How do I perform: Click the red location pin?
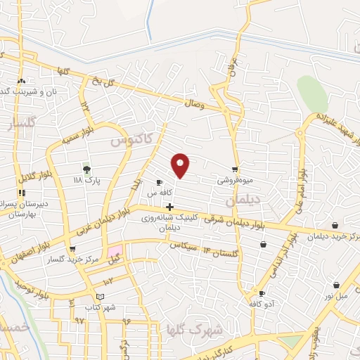pyautogui.click(x=181, y=165)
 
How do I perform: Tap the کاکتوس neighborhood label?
pyautogui.click(x=131, y=141)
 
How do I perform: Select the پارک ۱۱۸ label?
pyautogui.click(x=89, y=181)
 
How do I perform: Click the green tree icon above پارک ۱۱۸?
pyautogui.click(x=86, y=169)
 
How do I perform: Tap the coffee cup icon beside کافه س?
pyautogui.click(x=159, y=182)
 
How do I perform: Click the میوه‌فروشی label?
pyautogui.click(x=233, y=180)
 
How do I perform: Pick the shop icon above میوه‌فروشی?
pyautogui.click(x=235, y=169)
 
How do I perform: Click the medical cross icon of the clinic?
pyautogui.click(x=169, y=206)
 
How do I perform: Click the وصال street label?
pyautogui.click(x=194, y=104)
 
